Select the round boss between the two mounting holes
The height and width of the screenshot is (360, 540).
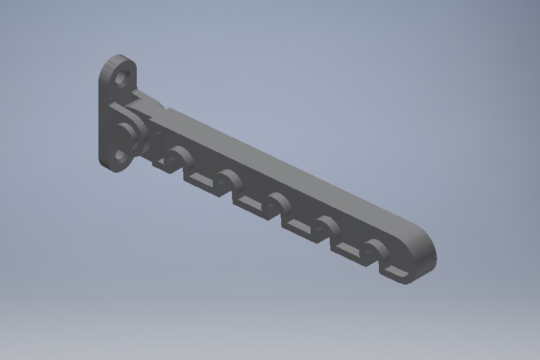click(x=125, y=134)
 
